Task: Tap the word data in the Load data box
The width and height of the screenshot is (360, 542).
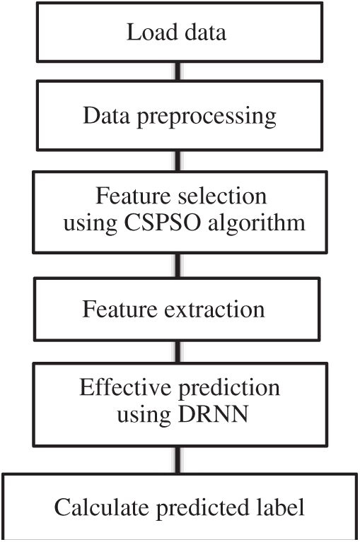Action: [x=205, y=32]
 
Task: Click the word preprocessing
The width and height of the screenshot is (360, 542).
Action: [x=207, y=117]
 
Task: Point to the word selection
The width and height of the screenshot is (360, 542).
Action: [x=222, y=196]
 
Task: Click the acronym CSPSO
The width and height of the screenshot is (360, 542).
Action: [x=162, y=223]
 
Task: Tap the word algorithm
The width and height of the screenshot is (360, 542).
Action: [x=257, y=224]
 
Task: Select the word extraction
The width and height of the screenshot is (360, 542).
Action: [x=214, y=309]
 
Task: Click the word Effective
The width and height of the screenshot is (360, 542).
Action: [x=125, y=387]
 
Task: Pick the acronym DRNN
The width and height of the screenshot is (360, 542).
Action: [x=213, y=414]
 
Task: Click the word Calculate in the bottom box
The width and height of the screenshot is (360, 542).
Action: [x=102, y=507]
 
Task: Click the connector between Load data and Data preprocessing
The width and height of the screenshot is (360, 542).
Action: [x=178, y=71]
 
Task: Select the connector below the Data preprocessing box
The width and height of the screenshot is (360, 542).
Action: [x=178, y=161]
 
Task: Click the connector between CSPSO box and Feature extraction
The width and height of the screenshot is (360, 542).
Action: [x=178, y=266]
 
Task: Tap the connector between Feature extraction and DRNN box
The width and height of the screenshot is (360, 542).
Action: [x=178, y=352]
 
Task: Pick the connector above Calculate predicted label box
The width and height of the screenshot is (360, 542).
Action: [x=178, y=460]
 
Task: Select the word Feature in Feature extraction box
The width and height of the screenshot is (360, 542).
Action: [x=120, y=309]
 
